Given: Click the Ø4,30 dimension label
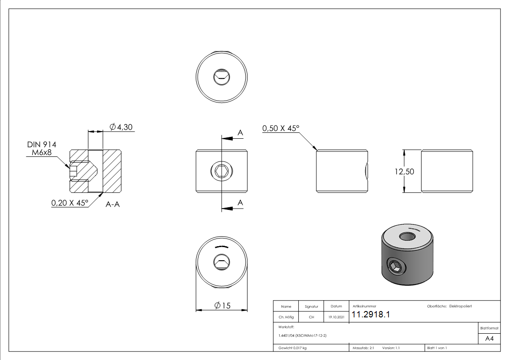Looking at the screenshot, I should pos(121,127).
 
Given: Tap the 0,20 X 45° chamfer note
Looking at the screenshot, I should pos(69,203).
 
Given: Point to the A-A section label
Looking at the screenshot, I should pos(112,204).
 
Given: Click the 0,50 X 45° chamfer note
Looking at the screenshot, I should pos(281,128).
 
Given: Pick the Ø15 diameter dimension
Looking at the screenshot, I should pos(223,306).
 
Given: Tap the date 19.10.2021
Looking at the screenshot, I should pos(337,317).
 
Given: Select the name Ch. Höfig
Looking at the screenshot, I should pos(286,317).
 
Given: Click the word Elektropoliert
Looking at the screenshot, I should pos(461,306).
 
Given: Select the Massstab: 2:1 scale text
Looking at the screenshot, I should pos(363,348).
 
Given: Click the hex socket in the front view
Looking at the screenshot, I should pos(222,171).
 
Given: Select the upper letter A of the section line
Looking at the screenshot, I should pos(240,133).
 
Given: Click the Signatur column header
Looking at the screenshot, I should pos(311,306).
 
